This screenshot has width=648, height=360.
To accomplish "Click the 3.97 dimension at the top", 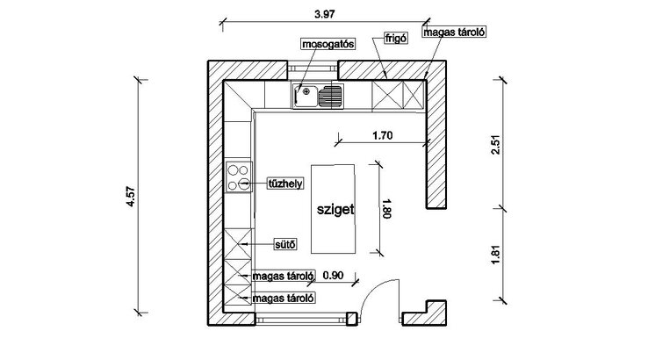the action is pos(324,14).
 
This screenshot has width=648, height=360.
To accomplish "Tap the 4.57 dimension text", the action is pos(131,197).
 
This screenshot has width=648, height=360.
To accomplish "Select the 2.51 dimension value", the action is pos(495,145).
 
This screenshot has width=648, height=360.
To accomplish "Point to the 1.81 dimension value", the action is pos(495,255).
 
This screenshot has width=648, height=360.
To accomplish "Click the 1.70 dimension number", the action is pos(382,135).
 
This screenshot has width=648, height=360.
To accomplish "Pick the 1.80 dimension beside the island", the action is pos(387,208).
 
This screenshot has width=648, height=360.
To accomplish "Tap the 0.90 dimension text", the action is pos(333,276).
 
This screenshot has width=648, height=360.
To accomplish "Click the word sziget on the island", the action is pos(335,209).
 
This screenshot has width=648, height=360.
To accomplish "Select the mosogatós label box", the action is pos(328,44).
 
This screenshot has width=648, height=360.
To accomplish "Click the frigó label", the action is pos(396,39).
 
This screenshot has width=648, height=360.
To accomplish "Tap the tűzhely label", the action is pos(285,184).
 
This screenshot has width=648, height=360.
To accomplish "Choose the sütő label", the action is pos(285,244).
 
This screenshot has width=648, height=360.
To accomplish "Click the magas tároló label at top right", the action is pos(454,32).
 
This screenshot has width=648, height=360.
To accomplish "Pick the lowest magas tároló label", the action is pos(283,298).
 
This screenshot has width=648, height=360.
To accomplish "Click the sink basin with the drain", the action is pos(305,97).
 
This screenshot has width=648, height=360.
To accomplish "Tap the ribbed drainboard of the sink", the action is pos(331,97).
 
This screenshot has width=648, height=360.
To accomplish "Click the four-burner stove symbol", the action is pos(239,177).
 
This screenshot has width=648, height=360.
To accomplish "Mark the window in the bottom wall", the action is pos(301,319).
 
